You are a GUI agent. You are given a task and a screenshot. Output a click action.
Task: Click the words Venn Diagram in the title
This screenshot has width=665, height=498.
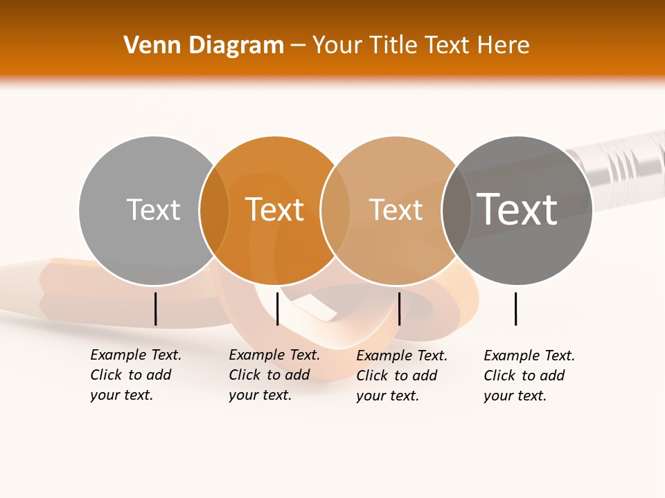coord(203,46)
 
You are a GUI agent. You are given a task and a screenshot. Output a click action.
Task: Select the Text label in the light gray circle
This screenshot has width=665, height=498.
coord(153,210)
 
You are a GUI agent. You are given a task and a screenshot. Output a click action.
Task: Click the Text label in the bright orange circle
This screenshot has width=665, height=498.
coord(275,210)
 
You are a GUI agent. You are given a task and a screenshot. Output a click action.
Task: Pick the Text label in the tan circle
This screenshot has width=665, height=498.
coord(396,210)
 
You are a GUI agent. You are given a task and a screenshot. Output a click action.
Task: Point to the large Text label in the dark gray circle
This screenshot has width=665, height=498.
coord(517,210)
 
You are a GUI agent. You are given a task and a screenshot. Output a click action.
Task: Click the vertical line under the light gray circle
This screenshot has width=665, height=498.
coord(156,308)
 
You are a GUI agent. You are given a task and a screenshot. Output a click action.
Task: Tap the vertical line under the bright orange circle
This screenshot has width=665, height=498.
coord(277,308)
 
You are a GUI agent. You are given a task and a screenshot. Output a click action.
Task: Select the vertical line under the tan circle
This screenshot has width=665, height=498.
coord(399,308)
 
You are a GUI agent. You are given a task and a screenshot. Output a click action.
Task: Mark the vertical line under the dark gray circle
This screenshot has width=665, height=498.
coord(516,308)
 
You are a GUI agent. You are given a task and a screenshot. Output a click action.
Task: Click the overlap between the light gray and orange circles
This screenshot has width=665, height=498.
coord(214,210)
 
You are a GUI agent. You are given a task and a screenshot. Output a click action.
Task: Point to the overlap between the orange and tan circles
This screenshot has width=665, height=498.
coord(335,210)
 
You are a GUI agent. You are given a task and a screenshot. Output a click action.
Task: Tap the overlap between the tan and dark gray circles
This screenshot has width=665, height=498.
coord(456,210)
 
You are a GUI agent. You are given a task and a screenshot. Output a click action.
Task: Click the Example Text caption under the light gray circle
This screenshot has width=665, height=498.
coord(135,375)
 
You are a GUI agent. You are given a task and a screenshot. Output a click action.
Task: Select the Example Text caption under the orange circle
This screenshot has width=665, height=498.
coord(274,375)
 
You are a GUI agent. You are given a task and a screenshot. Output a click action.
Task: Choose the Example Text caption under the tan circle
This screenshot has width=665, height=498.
coord(401,376)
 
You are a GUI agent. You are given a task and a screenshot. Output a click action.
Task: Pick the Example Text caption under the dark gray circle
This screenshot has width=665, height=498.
coord(529,376)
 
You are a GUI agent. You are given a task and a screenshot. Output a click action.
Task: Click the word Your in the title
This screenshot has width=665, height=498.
coord(337,46)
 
